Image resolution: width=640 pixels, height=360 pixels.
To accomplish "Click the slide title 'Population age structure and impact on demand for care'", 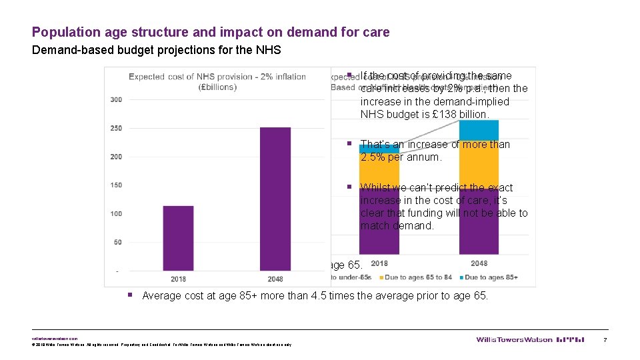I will [211, 32].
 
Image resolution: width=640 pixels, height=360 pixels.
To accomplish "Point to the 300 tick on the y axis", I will [116, 100].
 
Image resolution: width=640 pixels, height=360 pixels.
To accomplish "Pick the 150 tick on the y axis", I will [116, 185].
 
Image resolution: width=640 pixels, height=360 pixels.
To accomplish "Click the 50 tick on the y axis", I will [118, 242].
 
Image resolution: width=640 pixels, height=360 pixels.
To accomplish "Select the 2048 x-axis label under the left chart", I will [275, 279].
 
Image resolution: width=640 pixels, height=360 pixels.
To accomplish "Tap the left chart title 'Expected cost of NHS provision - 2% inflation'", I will [217, 77].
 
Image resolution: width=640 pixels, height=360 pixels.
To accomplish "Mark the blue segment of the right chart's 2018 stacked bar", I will [379, 149].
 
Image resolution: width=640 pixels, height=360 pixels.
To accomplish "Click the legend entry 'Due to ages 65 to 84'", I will [416, 277].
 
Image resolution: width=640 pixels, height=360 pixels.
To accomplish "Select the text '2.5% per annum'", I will [400, 157].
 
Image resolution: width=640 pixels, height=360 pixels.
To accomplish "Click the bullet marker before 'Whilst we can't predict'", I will [350, 187].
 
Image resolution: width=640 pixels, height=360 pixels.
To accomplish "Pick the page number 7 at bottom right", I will [605, 340].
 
